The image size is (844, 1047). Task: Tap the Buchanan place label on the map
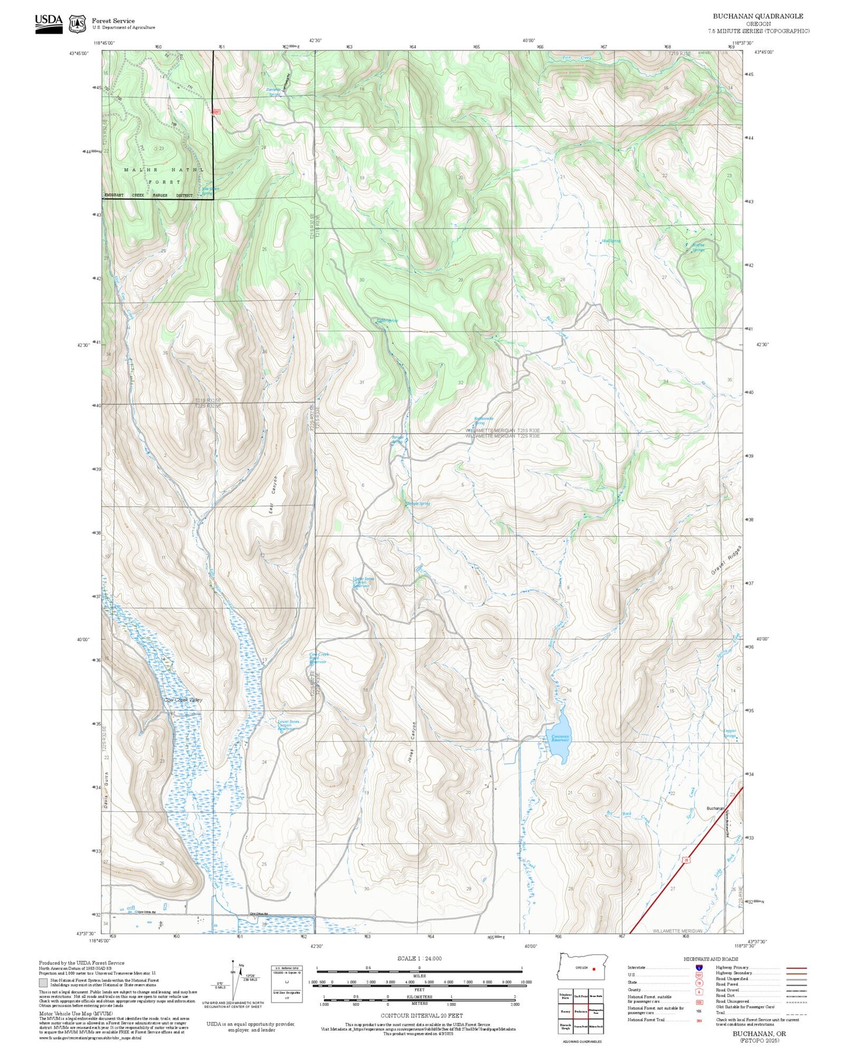[x=715, y=808]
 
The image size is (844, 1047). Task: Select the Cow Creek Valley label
[x=183, y=700]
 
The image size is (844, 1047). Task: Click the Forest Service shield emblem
[x=77, y=23]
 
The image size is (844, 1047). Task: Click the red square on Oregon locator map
[x=593, y=968]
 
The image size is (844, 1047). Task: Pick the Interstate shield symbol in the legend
[x=699, y=968]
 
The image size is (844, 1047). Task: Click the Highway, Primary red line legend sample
[x=797, y=968]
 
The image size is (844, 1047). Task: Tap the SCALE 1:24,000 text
[x=419, y=958]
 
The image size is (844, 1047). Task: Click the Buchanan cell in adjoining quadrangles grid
[x=580, y=1011]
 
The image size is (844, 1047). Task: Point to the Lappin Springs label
[x=730, y=734]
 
